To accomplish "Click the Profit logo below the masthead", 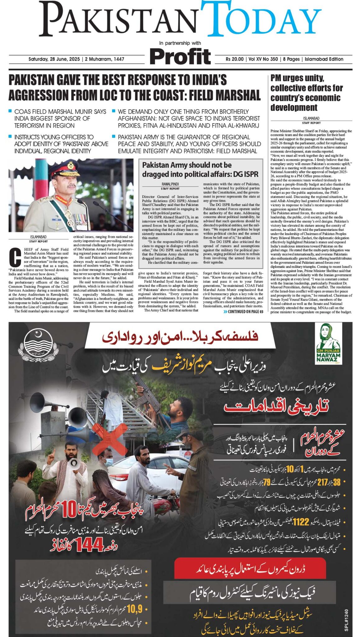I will [180, 57].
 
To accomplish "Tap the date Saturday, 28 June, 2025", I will [54, 59].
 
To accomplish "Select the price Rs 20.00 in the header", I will [235, 59].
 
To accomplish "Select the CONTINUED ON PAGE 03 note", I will [243, 312].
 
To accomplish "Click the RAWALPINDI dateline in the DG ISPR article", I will [170, 184].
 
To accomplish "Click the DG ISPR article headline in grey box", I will [200, 170].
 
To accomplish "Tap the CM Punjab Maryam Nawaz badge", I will [328, 344].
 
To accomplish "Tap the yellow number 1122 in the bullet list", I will [301, 522].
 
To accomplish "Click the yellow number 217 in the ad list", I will [322, 482].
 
